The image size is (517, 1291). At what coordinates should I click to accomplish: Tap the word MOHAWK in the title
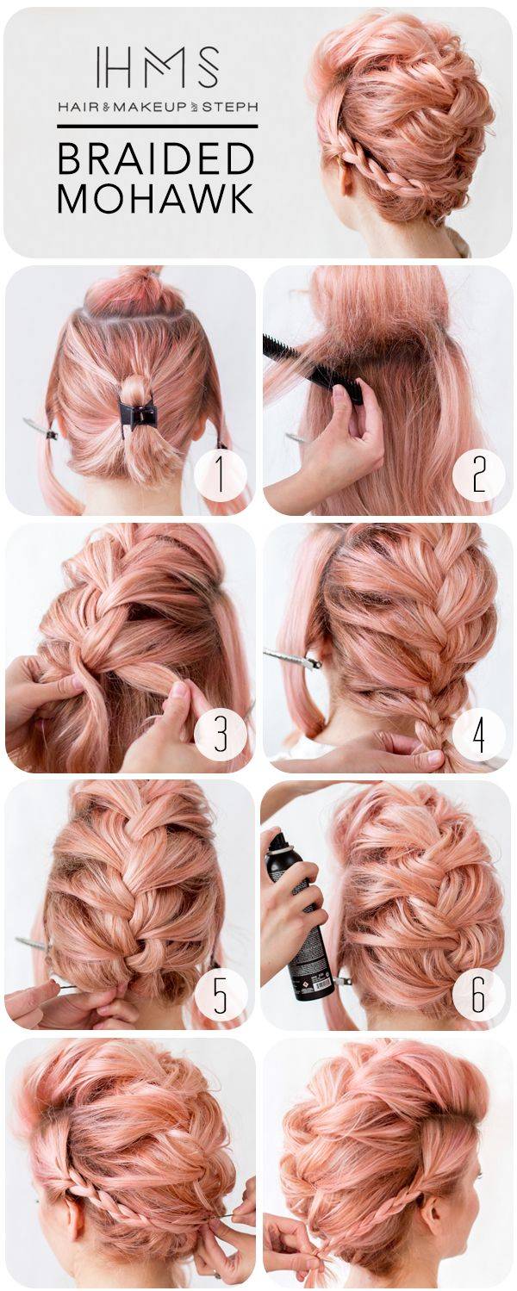[156, 198]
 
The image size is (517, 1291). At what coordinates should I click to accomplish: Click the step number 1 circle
[221, 476]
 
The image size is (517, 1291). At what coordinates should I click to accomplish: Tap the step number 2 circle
[478, 476]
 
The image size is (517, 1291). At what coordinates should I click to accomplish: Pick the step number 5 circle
[221, 992]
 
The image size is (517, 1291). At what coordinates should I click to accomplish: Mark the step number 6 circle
[478, 992]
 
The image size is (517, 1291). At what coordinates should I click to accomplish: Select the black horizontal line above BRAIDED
[157, 126]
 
